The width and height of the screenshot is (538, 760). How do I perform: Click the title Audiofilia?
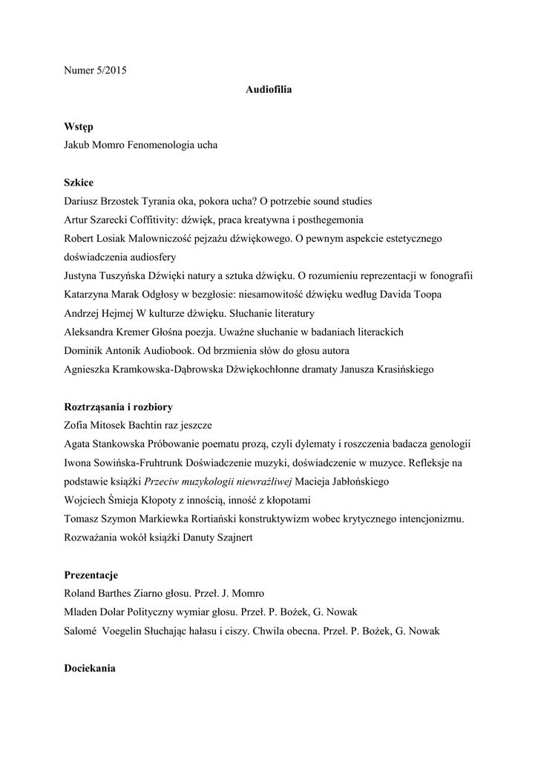[x=269, y=90]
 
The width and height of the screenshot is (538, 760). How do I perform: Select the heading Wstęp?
[x=78, y=127]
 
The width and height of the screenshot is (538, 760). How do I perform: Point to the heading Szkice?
[x=79, y=183]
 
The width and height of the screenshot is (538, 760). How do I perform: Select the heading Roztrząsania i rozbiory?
[x=119, y=407]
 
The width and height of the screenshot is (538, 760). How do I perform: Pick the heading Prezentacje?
[x=91, y=574]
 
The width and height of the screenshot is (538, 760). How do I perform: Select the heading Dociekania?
[x=90, y=668]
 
